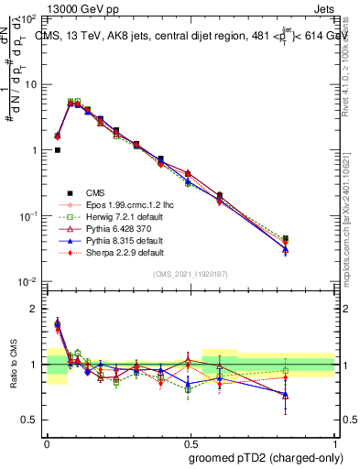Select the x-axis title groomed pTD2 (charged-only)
[x=266, y=459]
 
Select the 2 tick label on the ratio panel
[x=33, y=309]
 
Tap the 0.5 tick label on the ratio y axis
[x=29, y=420]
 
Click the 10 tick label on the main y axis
[x=29, y=84]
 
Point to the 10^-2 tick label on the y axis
[x=27, y=281]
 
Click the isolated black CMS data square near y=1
[x=57, y=150]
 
